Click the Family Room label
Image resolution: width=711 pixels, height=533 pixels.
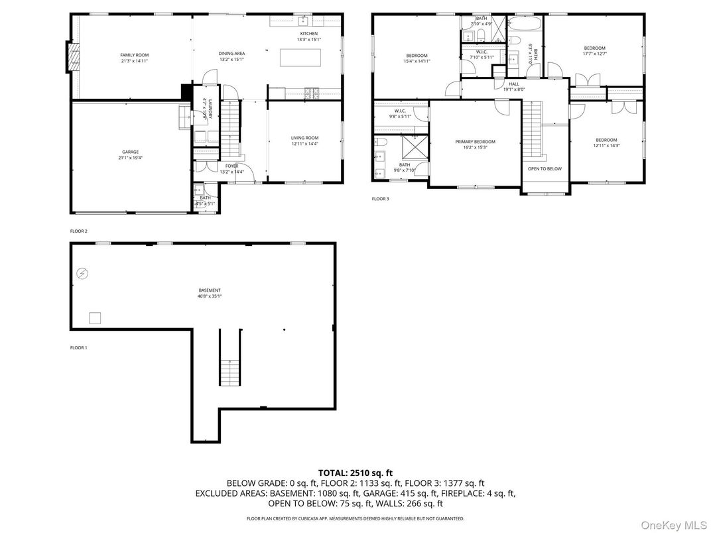(x=134, y=58)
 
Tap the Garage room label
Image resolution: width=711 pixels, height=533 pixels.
(x=130, y=155)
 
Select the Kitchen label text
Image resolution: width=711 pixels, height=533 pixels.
(x=308, y=36)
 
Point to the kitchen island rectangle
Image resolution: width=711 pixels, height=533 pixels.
(x=300, y=58)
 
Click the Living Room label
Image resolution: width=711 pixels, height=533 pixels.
(x=304, y=141)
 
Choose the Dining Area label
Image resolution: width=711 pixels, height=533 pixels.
(x=232, y=56)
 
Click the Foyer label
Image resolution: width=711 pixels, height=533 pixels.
(x=231, y=168)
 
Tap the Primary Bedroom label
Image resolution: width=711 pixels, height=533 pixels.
(x=475, y=145)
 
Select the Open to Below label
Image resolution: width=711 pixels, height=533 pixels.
(x=545, y=168)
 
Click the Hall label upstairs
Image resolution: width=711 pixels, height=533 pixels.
(x=514, y=87)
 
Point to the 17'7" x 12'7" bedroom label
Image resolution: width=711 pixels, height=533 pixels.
(x=594, y=51)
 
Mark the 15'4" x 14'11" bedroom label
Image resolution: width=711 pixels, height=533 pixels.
(x=417, y=58)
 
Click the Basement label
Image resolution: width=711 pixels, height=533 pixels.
(x=210, y=293)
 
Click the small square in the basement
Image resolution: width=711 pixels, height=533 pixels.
(x=95, y=318)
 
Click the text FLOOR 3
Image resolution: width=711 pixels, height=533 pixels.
(x=380, y=198)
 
